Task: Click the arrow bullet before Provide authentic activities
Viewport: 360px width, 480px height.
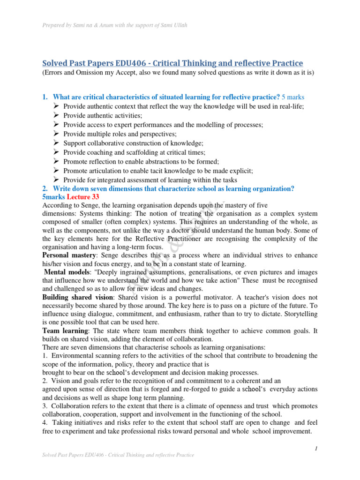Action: [x=56, y=115]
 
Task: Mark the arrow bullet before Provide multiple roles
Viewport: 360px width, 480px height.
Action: [x=56, y=134]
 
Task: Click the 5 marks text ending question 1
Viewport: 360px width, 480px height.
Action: [x=293, y=97]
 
